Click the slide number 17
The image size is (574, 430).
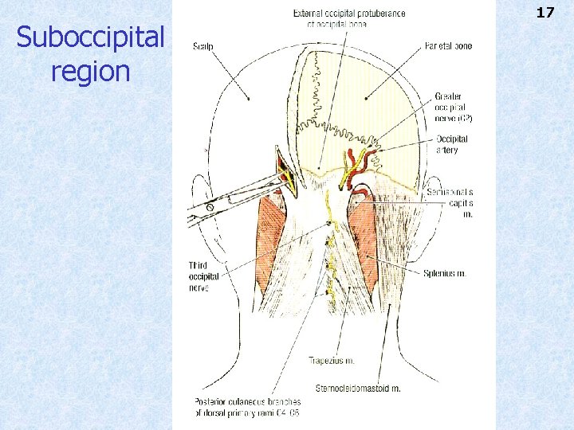click(x=545, y=13)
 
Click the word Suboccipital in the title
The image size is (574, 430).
click(x=90, y=37)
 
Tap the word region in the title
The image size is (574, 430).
click(x=90, y=72)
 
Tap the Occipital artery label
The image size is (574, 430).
click(x=452, y=144)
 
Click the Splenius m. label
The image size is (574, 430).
click(x=445, y=273)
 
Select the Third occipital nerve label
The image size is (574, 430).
click(x=200, y=276)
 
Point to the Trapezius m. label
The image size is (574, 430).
click(x=332, y=361)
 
